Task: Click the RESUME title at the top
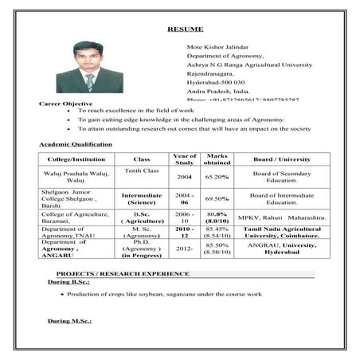pos(180,29)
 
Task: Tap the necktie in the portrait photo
pos(90,81)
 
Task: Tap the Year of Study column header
pos(184,159)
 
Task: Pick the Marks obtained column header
pos(217,159)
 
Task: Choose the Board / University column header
pos(282,159)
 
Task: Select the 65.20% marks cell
pos(217,177)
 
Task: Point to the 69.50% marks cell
pos(217,198)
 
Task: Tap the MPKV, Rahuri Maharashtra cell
pos(282,217)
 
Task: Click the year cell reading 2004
pos(184,177)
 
